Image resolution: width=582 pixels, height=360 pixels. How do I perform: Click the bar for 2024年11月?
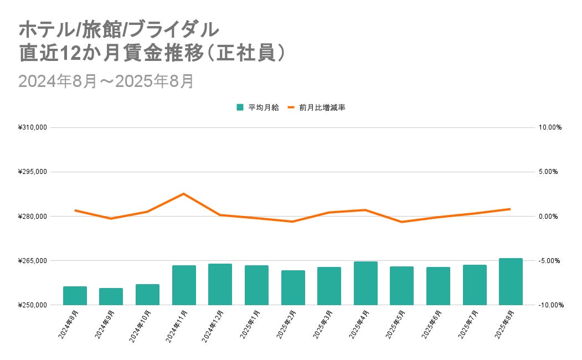[184, 285]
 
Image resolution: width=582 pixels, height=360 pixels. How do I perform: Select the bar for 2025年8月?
[511, 282]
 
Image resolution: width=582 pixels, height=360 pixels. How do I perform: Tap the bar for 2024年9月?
[111, 296]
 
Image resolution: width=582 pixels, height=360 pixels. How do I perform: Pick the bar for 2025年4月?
[365, 283]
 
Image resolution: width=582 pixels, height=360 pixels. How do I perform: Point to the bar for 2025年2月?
[293, 287]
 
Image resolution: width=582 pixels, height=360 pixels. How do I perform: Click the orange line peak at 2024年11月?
[184, 194]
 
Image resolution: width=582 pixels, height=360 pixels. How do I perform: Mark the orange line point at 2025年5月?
[401, 222]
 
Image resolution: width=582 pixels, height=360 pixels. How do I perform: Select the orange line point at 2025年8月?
[511, 209]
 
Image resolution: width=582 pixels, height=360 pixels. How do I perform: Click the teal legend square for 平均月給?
[240, 107]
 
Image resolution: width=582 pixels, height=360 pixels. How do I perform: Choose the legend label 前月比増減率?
[322, 107]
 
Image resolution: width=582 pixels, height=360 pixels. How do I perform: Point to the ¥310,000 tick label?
[33, 127]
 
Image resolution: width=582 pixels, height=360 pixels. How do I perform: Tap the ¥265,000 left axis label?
[33, 260]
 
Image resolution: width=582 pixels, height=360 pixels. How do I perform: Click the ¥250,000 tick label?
[33, 305]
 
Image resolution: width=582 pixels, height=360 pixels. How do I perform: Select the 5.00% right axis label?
[548, 172]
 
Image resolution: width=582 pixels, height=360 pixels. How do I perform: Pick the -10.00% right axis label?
[551, 305]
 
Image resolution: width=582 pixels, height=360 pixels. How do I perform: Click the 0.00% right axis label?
[548, 217]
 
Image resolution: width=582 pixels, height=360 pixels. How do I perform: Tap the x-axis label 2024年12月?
[213, 326]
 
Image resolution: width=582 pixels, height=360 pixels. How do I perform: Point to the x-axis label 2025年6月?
[431, 325]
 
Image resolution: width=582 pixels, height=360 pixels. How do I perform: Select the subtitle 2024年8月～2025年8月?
[106, 81]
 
